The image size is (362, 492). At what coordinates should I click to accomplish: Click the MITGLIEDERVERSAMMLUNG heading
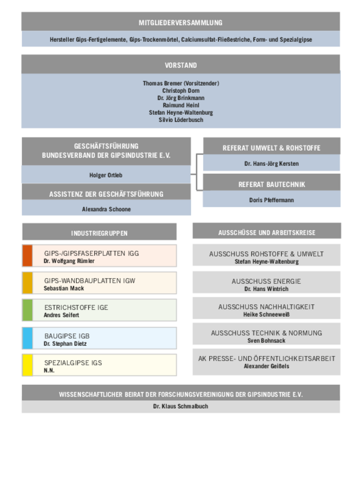[180, 23]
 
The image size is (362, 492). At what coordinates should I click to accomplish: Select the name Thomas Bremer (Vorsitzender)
[181, 83]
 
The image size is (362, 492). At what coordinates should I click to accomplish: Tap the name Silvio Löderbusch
[181, 119]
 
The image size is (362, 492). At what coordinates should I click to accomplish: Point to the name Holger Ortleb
[106, 175]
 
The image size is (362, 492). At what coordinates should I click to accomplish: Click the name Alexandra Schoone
[106, 209]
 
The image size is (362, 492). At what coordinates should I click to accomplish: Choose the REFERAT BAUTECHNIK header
[272, 185]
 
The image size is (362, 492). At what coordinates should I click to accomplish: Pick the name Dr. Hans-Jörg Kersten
[272, 164]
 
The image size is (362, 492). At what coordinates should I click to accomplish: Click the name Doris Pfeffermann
[272, 200]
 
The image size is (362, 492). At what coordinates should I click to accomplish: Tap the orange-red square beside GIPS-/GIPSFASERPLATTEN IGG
[27, 256]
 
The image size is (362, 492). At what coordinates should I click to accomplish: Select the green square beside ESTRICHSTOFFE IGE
[27, 310]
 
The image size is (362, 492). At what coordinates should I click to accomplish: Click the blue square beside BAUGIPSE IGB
[27, 338]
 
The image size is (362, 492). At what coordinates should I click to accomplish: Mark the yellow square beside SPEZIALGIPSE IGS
[27, 365]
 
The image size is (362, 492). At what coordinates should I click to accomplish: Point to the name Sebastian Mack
[64, 288]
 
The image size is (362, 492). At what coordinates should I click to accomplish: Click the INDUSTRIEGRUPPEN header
[99, 233]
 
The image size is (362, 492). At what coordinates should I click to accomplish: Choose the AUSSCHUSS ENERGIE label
[266, 281]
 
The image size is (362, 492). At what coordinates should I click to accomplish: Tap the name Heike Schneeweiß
[266, 314]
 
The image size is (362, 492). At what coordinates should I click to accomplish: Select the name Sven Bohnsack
[266, 340]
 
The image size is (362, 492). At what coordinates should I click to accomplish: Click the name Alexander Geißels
[266, 366]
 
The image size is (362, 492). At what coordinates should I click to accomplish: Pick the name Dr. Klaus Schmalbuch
[181, 406]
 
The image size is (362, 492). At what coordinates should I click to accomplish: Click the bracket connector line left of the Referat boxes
[197, 172]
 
